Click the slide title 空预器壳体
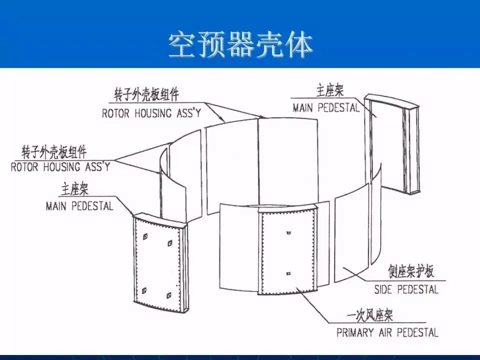pos(240,45)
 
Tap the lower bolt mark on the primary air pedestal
pos(289,273)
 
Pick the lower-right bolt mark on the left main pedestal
pos(169,296)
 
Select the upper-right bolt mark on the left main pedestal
pos(170,244)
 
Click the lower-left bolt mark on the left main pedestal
pos(144,290)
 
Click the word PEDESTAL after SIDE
pos(418,289)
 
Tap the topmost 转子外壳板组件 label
pos(146,94)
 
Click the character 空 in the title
pos(181,45)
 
